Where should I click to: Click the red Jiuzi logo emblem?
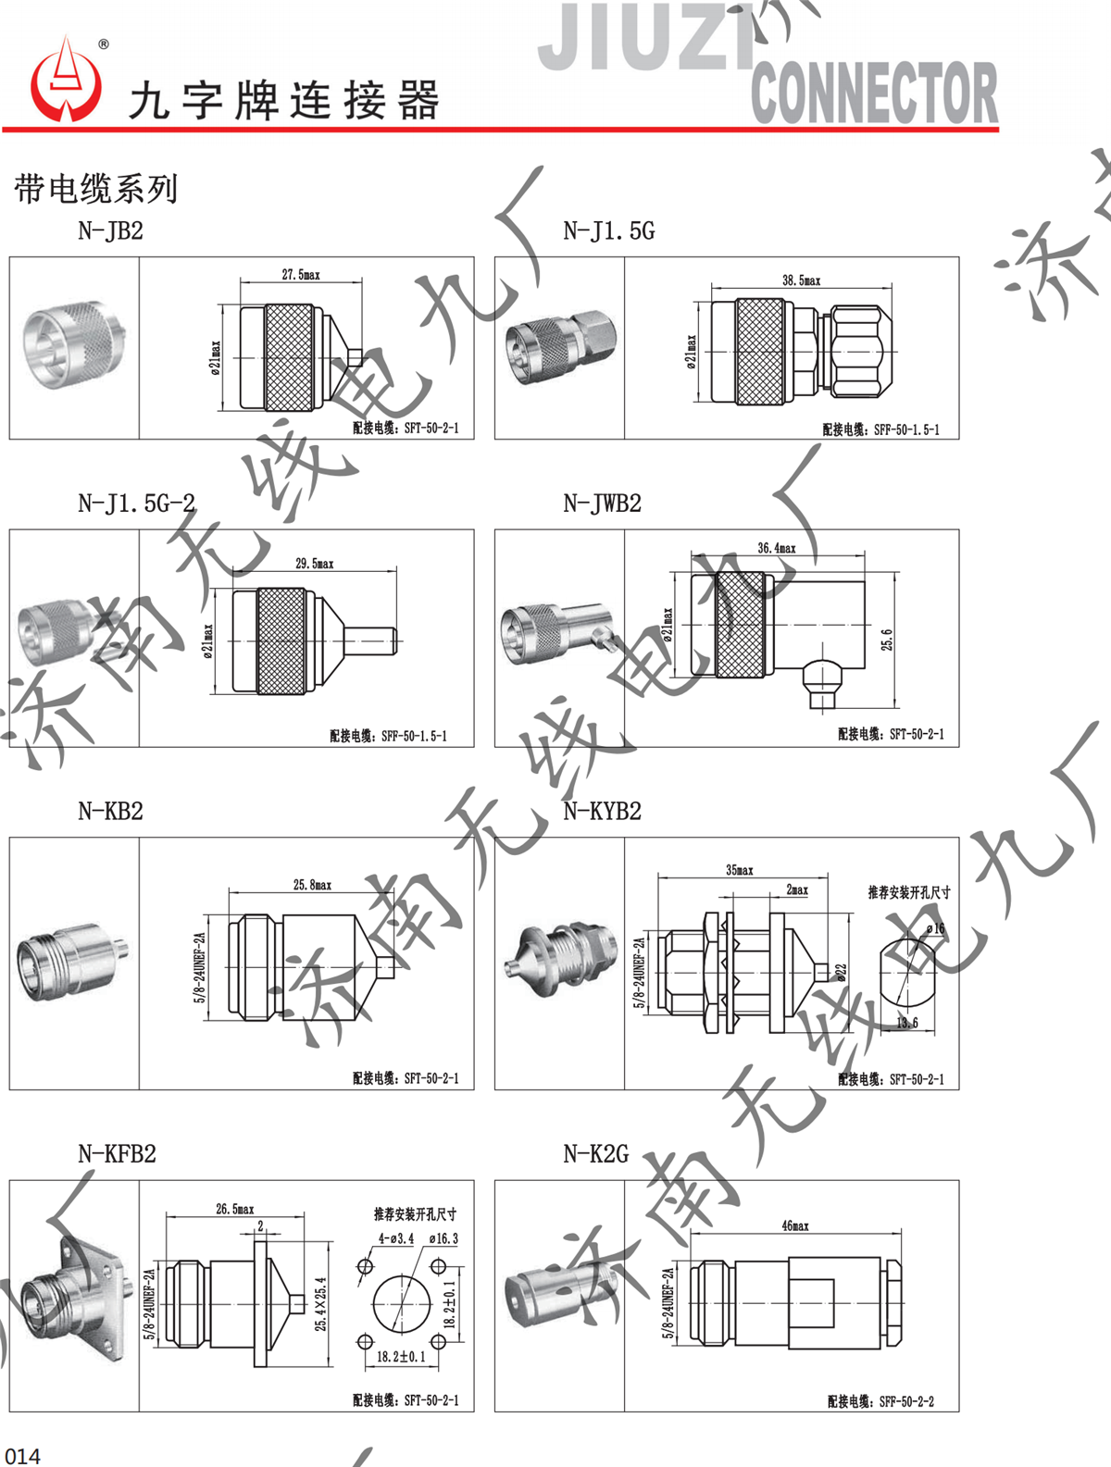coord(66,82)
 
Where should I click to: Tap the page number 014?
coord(22,1455)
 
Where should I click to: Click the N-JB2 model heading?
coord(110,231)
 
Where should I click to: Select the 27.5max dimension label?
coord(301,275)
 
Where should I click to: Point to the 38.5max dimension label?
coord(801,280)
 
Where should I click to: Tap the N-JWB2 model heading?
coord(602,504)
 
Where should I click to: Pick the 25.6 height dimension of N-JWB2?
coord(887,639)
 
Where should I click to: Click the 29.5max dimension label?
coord(315,563)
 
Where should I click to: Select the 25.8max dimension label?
coord(312,885)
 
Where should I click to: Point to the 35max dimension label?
coord(739,870)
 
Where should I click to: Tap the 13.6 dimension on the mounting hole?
coord(907,1023)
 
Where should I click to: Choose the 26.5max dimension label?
coord(234,1209)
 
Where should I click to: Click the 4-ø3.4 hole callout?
coord(395,1238)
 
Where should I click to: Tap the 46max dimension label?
coord(795,1225)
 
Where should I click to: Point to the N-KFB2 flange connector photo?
coord(72,1296)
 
